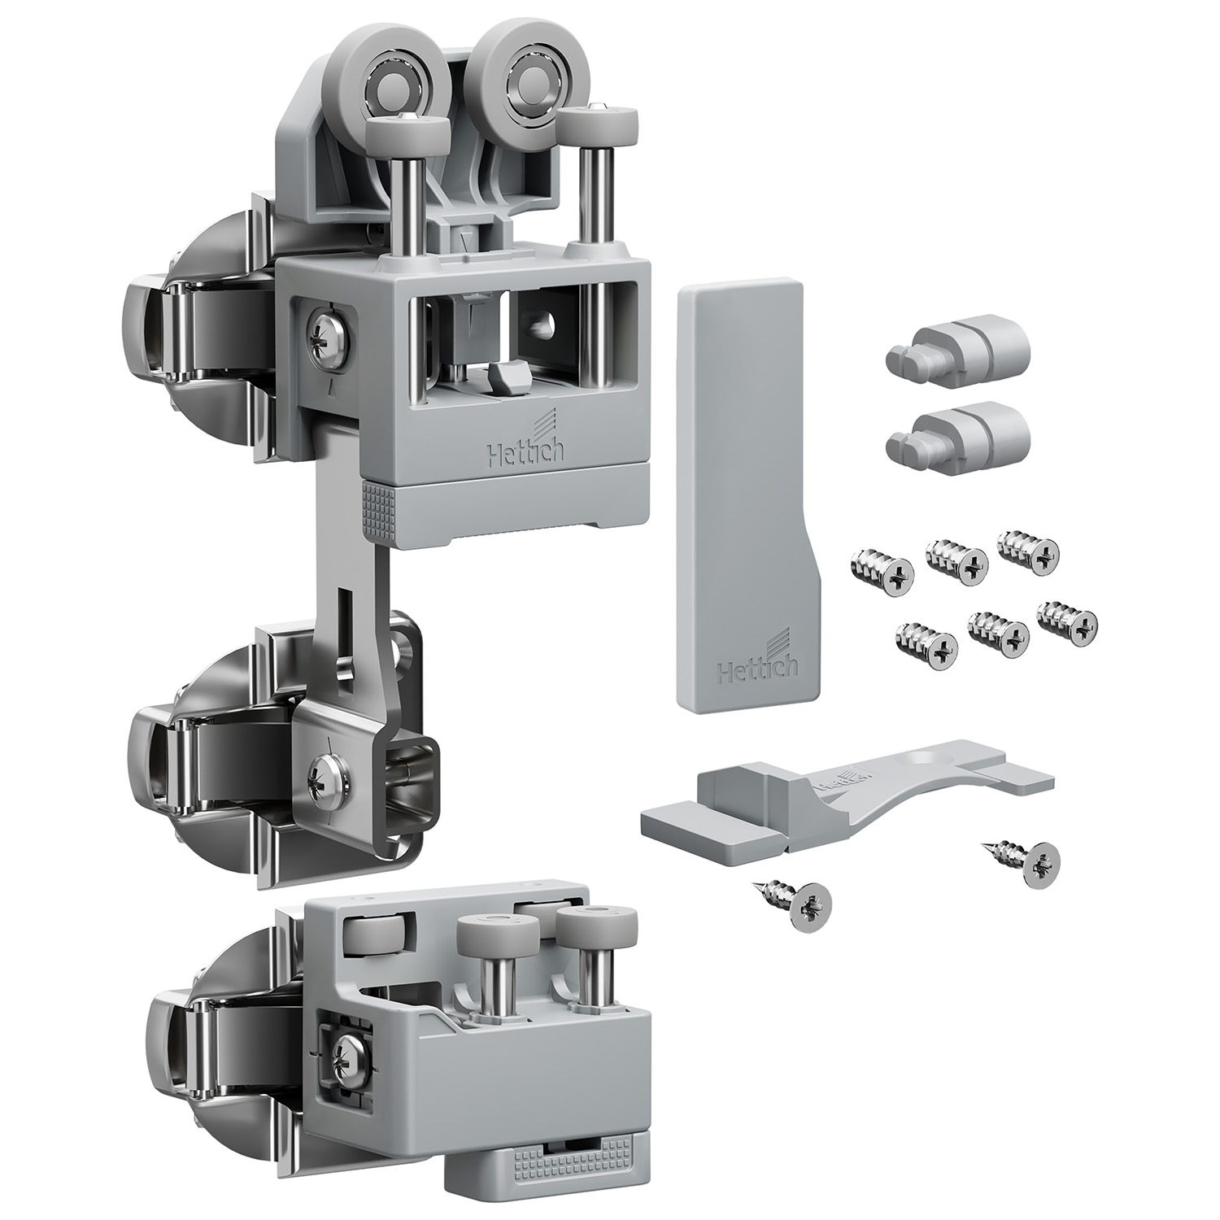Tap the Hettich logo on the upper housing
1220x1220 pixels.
(x=521, y=442)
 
